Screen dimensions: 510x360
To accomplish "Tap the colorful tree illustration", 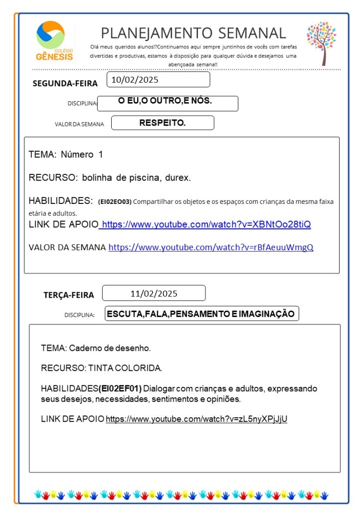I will tap(322, 42).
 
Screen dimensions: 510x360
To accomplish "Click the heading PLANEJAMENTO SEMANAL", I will tap(193, 33).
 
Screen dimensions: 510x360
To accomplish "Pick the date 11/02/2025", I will tap(154, 293).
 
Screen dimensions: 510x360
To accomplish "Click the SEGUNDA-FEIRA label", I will tap(65, 83).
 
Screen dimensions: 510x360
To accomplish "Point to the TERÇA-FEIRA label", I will tap(68, 295).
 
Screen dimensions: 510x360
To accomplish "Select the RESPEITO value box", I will tap(163, 123).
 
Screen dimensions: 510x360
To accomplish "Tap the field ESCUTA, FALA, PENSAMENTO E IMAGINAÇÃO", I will tap(201, 314).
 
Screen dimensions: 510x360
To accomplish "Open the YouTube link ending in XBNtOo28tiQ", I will tap(206, 224).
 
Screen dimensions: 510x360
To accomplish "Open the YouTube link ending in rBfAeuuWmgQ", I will tap(211, 247).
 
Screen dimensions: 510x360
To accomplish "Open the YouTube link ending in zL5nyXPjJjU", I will tap(196, 419).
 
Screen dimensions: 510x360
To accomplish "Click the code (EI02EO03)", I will tap(115, 202).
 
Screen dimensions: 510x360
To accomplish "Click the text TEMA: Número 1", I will tap(66, 155).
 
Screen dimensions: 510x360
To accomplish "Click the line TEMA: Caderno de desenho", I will tap(96, 348).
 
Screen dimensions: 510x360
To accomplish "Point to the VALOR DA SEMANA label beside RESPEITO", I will tap(79, 124).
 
